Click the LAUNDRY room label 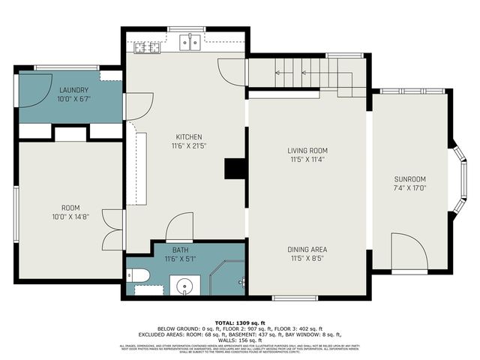click(73, 90)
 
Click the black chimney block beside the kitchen click(235, 169)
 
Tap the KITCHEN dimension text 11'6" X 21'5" click(188, 146)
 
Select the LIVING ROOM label click(307, 151)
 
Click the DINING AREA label click(307, 249)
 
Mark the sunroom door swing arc click(409, 251)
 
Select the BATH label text click(181, 250)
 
